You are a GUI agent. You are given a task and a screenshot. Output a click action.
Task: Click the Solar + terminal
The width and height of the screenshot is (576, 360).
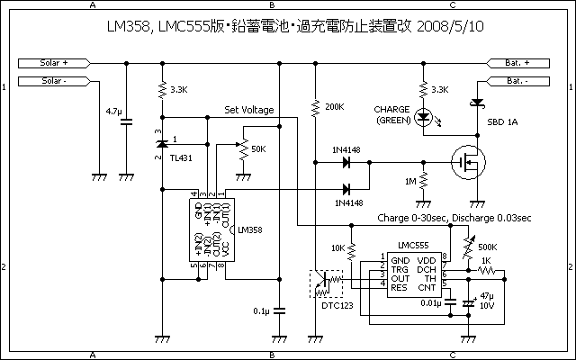click(x=55, y=63)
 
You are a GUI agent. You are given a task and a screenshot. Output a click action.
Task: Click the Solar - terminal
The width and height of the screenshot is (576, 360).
click(x=55, y=81)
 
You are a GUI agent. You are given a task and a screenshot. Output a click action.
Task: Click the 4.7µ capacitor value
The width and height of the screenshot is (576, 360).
click(x=113, y=111)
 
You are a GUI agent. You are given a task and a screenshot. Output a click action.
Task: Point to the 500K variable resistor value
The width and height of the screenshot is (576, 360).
click(x=489, y=247)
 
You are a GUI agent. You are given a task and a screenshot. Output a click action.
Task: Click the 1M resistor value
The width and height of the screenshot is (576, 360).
click(x=411, y=182)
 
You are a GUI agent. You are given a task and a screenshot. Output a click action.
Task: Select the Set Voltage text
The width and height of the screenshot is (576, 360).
click(x=262, y=111)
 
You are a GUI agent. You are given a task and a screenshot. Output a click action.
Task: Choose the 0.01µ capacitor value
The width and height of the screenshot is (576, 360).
click(x=426, y=303)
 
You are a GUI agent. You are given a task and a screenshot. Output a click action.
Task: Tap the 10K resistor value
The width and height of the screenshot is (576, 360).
click(x=338, y=247)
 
